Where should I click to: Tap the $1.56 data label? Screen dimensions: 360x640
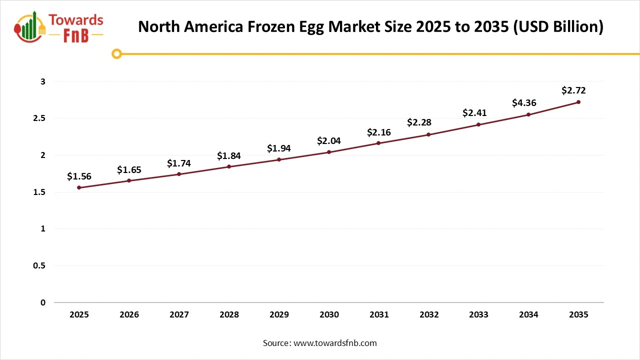pyautogui.click(x=79, y=176)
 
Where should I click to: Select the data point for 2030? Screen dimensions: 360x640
pyautogui.click(x=329, y=152)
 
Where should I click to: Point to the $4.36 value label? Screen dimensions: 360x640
pyautogui.click(x=524, y=103)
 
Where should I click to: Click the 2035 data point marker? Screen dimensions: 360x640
pyautogui.click(x=578, y=102)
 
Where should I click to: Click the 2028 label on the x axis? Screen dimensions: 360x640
pyautogui.click(x=229, y=315)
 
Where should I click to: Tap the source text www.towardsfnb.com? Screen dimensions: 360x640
pyautogui.click(x=334, y=343)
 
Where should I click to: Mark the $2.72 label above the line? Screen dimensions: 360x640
pyautogui.click(x=573, y=90)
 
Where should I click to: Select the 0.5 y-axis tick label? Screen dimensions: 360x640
pyautogui.click(x=39, y=266)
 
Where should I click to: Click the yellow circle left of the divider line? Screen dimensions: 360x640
pyautogui.click(x=116, y=53)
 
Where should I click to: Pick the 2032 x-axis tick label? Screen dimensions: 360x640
pyautogui.click(x=429, y=315)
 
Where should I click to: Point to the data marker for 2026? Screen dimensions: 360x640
pyautogui.click(x=129, y=180)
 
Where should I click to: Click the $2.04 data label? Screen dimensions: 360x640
pyautogui.click(x=329, y=141)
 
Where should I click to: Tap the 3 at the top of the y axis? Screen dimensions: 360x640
pyautogui.click(x=43, y=81)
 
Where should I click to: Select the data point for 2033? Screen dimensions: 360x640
pyautogui.click(x=478, y=124)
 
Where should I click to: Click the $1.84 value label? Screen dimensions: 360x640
pyautogui.click(x=229, y=156)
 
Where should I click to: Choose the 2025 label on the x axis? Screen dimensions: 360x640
pyautogui.click(x=79, y=315)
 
